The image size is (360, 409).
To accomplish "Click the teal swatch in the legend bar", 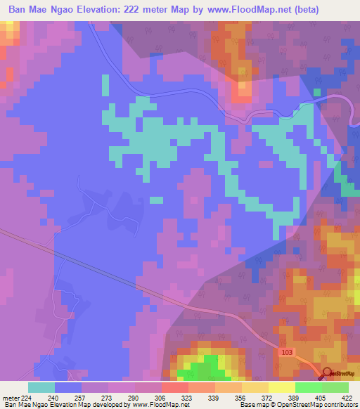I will [x=41, y=387].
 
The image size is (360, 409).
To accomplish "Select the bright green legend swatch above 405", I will [x=309, y=387].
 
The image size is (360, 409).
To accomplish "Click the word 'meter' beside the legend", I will [x=8, y=396].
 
